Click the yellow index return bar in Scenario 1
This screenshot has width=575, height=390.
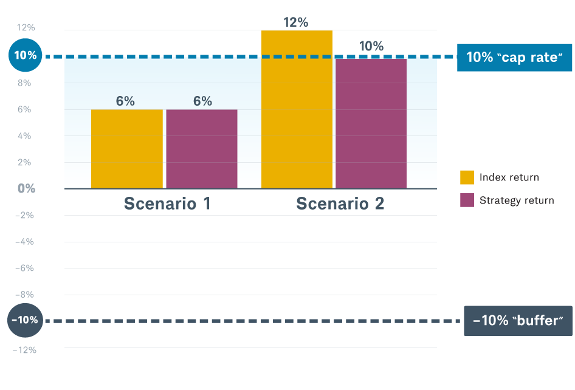[x=126, y=149]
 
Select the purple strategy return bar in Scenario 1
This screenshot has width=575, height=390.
[x=201, y=149]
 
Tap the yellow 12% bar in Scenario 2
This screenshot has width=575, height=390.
[x=297, y=109]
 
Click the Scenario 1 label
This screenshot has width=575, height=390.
[x=167, y=204]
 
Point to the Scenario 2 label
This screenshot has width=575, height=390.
[x=340, y=204]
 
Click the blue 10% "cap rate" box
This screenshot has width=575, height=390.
[x=515, y=57]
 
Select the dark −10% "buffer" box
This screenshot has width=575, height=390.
[x=518, y=321]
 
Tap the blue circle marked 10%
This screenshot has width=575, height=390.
[x=26, y=56]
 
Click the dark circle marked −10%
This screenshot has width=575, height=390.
[x=26, y=320]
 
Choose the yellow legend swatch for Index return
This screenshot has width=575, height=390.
[x=467, y=177]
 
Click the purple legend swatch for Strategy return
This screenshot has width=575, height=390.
[x=467, y=200]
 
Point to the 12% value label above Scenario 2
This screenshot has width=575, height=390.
[x=296, y=22]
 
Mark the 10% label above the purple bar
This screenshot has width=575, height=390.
[x=371, y=46]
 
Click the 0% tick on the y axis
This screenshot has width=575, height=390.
[x=26, y=188]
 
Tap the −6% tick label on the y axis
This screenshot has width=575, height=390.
[x=26, y=268]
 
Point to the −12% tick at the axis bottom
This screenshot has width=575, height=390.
[x=25, y=350]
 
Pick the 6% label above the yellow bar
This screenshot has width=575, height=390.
[x=125, y=101]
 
